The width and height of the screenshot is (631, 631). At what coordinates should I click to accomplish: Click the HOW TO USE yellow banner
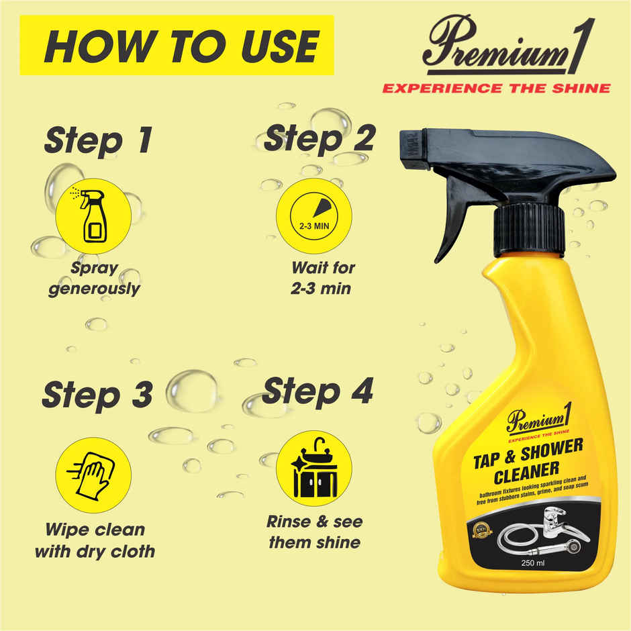click(x=177, y=45)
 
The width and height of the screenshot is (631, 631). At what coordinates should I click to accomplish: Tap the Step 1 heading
click(x=98, y=141)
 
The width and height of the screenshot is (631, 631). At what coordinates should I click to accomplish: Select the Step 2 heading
click(x=318, y=139)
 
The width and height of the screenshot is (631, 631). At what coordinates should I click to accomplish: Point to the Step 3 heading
click(x=97, y=395)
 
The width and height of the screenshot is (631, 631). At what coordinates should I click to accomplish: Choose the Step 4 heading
click(x=317, y=392)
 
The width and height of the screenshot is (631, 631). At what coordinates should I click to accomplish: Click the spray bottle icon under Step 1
click(x=93, y=215)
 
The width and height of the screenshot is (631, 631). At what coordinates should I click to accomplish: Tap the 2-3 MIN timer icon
click(x=313, y=215)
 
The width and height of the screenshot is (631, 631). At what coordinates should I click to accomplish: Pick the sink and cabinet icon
click(x=313, y=468)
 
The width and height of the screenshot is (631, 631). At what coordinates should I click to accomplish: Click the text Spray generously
click(x=94, y=279)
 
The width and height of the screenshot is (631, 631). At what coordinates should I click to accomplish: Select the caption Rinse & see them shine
click(x=314, y=532)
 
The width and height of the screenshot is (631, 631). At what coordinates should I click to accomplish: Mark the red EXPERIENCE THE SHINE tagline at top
click(x=496, y=88)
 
